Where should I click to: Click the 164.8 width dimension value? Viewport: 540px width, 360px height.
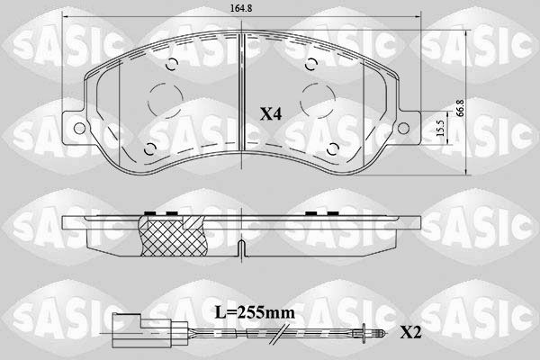pyautogui.click(x=241, y=8)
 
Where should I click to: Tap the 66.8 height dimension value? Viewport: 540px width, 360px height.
pyautogui.click(x=461, y=108)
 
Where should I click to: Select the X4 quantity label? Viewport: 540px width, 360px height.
pyautogui.click(x=271, y=113)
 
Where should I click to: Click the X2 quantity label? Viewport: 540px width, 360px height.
pyautogui.click(x=410, y=333)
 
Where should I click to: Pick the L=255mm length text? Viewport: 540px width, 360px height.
pyautogui.click(x=255, y=313)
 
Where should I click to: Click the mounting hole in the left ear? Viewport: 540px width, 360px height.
pyautogui.click(x=79, y=128)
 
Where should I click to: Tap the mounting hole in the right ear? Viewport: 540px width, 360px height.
pyautogui.click(x=403, y=128)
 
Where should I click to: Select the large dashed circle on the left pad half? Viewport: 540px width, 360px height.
pyautogui.click(x=166, y=99)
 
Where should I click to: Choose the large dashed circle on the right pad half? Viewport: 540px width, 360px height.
pyautogui.click(x=318, y=101)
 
